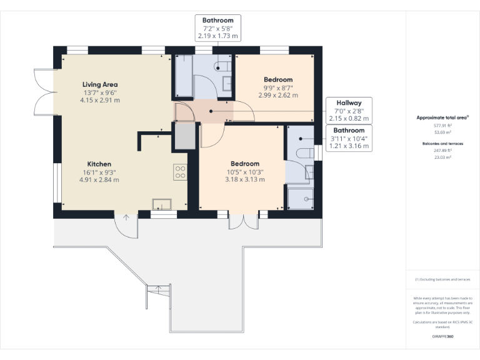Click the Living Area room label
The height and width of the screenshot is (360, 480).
[100, 84]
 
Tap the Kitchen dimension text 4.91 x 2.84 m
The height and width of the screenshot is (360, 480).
[99, 179]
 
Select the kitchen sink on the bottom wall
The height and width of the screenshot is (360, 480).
[162, 203]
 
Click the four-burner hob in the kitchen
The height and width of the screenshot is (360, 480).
[180, 171]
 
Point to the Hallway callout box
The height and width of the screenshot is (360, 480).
[349, 110]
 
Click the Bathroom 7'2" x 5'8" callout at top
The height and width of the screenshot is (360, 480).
[217, 28]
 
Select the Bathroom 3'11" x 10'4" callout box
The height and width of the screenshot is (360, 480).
[349, 138]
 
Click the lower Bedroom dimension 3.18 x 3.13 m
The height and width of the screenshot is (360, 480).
[244, 179]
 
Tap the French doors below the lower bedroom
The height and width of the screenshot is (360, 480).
[244, 222]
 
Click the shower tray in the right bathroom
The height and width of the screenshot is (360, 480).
[300, 198]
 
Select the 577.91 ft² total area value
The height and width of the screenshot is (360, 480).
[442, 125]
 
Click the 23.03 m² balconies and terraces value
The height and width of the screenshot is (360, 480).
[442, 157]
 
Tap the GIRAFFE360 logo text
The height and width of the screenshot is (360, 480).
[442, 336]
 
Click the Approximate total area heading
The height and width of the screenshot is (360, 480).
[442, 117]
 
